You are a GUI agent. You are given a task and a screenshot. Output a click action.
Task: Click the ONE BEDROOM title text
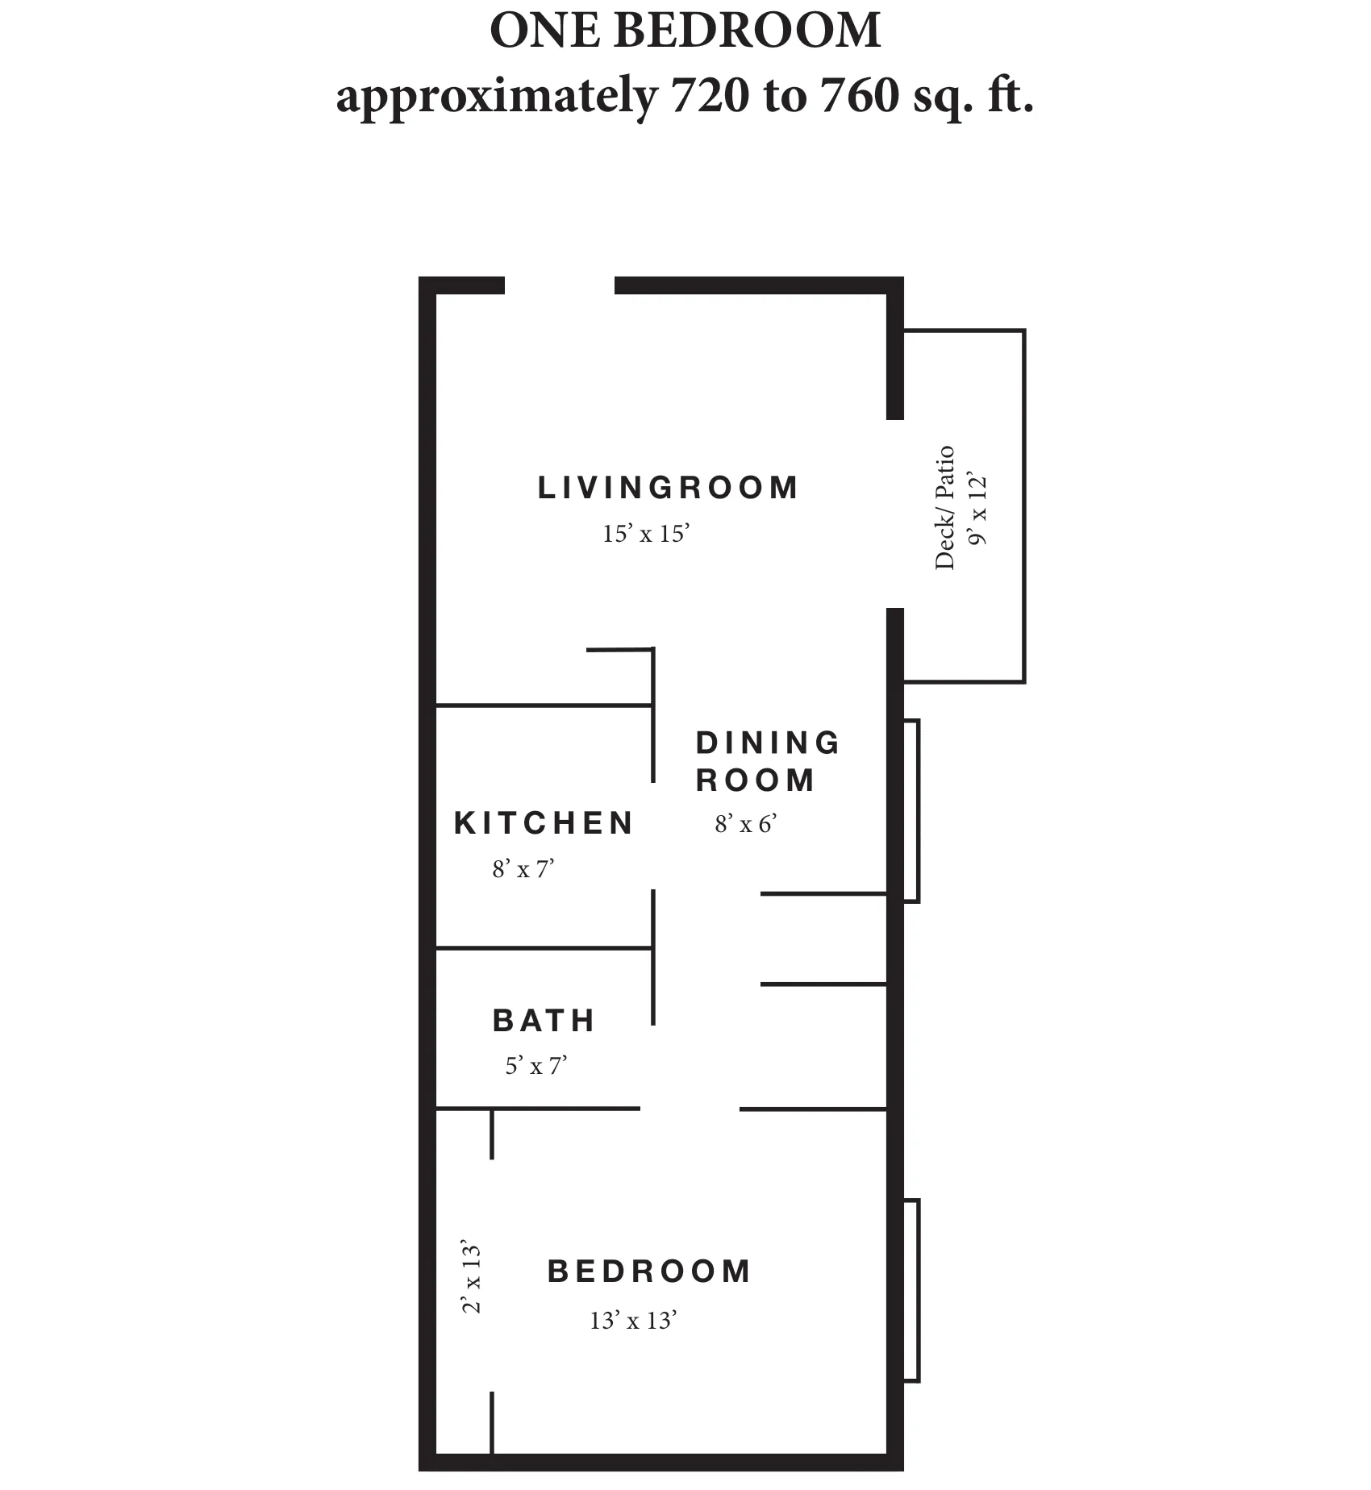pyautogui.click(x=685, y=31)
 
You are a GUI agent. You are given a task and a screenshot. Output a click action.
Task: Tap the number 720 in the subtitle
pyautogui.click(x=705, y=97)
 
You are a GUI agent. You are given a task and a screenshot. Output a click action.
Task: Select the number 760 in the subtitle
pyautogui.click(x=857, y=97)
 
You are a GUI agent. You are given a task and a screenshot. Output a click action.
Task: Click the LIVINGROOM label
pyautogui.click(x=668, y=488)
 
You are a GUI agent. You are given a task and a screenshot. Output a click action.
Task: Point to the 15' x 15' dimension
pyautogui.click(x=646, y=534)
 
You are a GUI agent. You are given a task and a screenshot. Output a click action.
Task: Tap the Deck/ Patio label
pyautogui.click(x=945, y=508)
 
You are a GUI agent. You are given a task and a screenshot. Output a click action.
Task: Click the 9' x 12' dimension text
pyautogui.click(x=977, y=511)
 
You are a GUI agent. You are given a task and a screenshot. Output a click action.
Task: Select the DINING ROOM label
pyautogui.click(x=767, y=761)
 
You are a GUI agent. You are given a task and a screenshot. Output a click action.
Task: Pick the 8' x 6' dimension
pyautogui.click(x=745, y=824)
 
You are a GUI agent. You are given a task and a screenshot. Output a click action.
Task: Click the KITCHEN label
pyautogui.click(x=544, y=823)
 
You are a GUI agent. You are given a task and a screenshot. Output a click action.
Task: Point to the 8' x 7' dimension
pyautogui.click(x=523, y=869)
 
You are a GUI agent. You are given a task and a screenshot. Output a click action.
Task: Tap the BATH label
pyautogui.click(x=544, y=1021)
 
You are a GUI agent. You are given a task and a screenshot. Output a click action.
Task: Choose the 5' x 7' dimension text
pyautogui.click(x=536, y=1067)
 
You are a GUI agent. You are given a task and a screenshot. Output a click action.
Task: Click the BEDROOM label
pyautogui.click(x=649, y=1271)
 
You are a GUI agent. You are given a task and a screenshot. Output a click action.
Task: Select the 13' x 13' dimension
pyautogui.click(x=633, y=1321)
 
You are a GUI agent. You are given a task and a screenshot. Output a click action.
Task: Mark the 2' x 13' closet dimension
pyautogui.click(x=472, y=1276)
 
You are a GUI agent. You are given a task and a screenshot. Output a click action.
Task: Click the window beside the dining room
pyautogui.click(x=911, y=810)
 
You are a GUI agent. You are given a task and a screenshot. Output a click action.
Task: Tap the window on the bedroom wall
pyautogui.click(x=911, y=1291)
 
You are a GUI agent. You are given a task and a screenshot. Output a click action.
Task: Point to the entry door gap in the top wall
pyautogui.click(x=560, y=285)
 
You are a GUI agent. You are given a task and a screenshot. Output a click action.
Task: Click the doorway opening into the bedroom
pyautogui.click(x=690, y=1109)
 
